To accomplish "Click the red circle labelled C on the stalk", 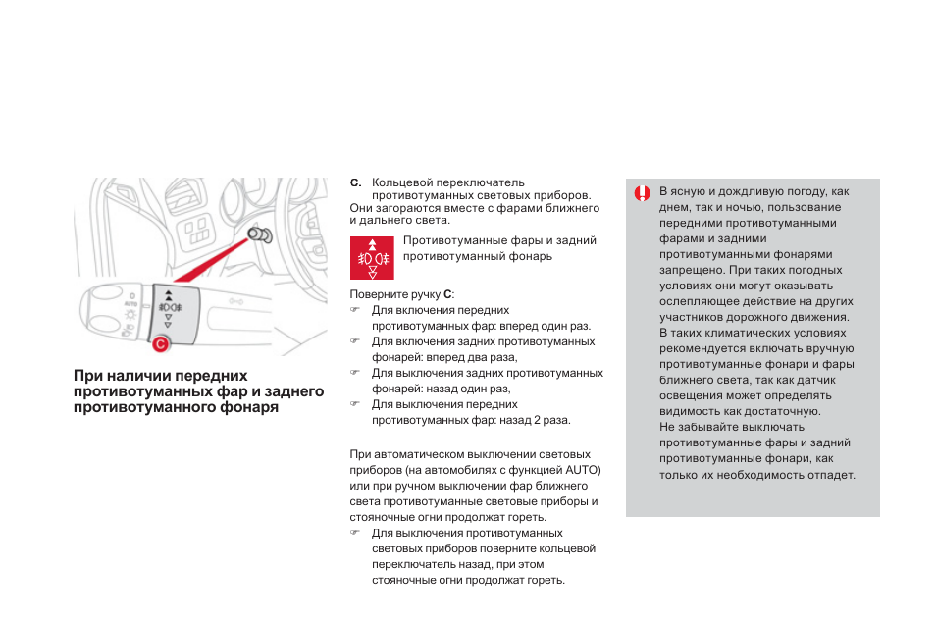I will click(160, 342).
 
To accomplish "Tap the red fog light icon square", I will click(372, 258).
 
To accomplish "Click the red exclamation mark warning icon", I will click(642, 193).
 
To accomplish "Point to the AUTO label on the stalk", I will click(130, 305).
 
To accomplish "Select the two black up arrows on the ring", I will click(168, 295).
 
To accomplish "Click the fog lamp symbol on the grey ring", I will click(168, 308).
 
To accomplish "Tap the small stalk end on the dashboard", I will click(262, 235).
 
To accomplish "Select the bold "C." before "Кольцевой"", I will click(355, 182).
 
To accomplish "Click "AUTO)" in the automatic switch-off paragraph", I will click(583, 470).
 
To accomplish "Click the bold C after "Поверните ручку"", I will click(448, 294).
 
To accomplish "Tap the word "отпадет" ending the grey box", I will click(831, 474).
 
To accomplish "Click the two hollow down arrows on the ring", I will click(168, 320).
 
